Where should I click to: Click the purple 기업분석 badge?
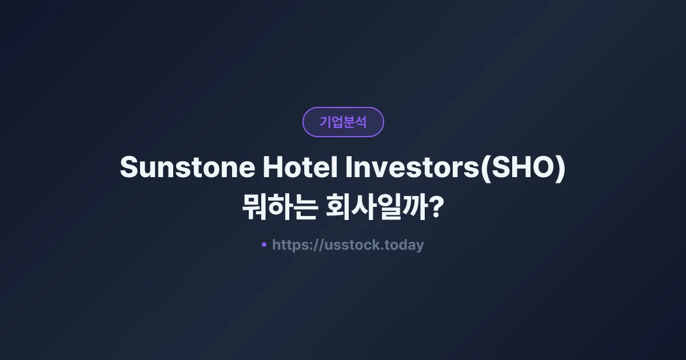343,122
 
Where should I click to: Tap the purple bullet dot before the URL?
264,245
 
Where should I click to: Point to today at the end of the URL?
405,245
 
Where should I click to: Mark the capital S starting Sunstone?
129,168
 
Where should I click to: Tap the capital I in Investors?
350,168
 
